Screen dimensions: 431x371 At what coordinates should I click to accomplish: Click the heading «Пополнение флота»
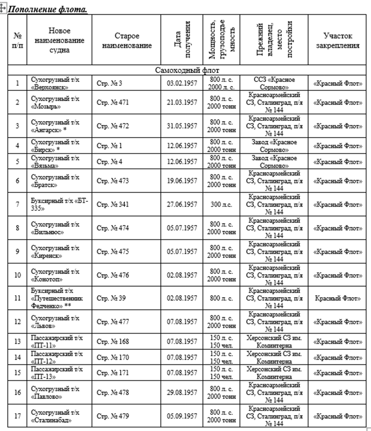tap(48, 9)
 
